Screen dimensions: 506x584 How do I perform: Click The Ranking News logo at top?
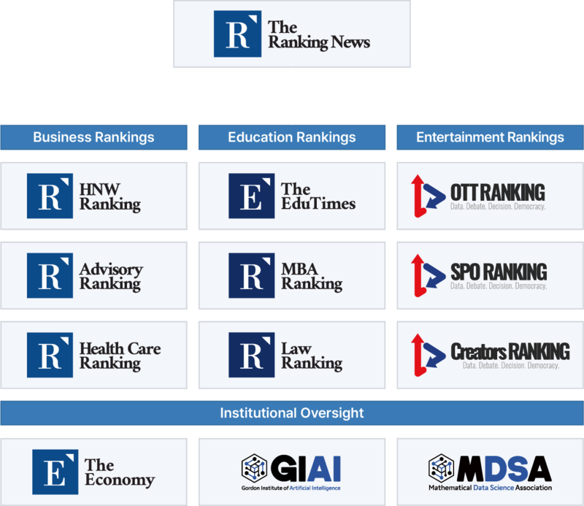[x=291, y=35]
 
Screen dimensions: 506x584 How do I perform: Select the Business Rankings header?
[x=93, y=137]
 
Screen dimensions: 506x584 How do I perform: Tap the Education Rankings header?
[x=291, y=137]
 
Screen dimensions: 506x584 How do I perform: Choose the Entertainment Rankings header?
[x=490, y=137]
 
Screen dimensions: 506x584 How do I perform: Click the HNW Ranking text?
[x=109, y=196]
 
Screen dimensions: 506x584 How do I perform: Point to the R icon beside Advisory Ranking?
[x=50, y=276]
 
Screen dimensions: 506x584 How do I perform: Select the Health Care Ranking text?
[x=120, y=356]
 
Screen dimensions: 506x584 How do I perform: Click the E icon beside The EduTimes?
[x=251, y=196]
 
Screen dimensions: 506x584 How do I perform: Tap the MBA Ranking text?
[x=311, y=276]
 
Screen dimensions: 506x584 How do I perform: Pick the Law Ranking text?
[x=311, y=356]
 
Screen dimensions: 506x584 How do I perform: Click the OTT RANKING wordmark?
[x=497, y=192]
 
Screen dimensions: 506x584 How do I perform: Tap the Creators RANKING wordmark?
[x=510, y=351]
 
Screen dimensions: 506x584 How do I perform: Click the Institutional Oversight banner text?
[x=291, y=413]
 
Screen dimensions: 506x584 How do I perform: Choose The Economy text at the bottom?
[x=119, y=472]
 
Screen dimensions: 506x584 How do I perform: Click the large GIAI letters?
[x=307, y=467]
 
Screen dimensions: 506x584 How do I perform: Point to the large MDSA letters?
[x=504, y=467]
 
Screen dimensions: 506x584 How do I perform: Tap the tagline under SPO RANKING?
[x=498, y=286]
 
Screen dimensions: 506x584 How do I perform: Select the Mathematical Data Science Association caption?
[x=490, y=488]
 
